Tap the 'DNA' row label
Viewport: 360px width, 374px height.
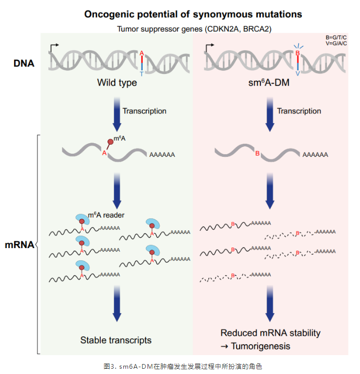click(x=24, y=64)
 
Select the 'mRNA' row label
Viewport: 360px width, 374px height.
click(x=20, y=244)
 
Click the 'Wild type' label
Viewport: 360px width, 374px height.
click(x=117, y=83)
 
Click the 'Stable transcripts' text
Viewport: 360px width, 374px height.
click(x=116, y=340)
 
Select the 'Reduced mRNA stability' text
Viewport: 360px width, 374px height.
click(x=270, y=333)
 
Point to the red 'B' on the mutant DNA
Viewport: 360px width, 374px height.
click(x=298, y=53)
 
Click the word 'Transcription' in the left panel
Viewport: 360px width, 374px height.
click(x=144, y=111)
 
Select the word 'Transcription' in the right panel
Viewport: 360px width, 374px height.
click(x=299, y=111)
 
